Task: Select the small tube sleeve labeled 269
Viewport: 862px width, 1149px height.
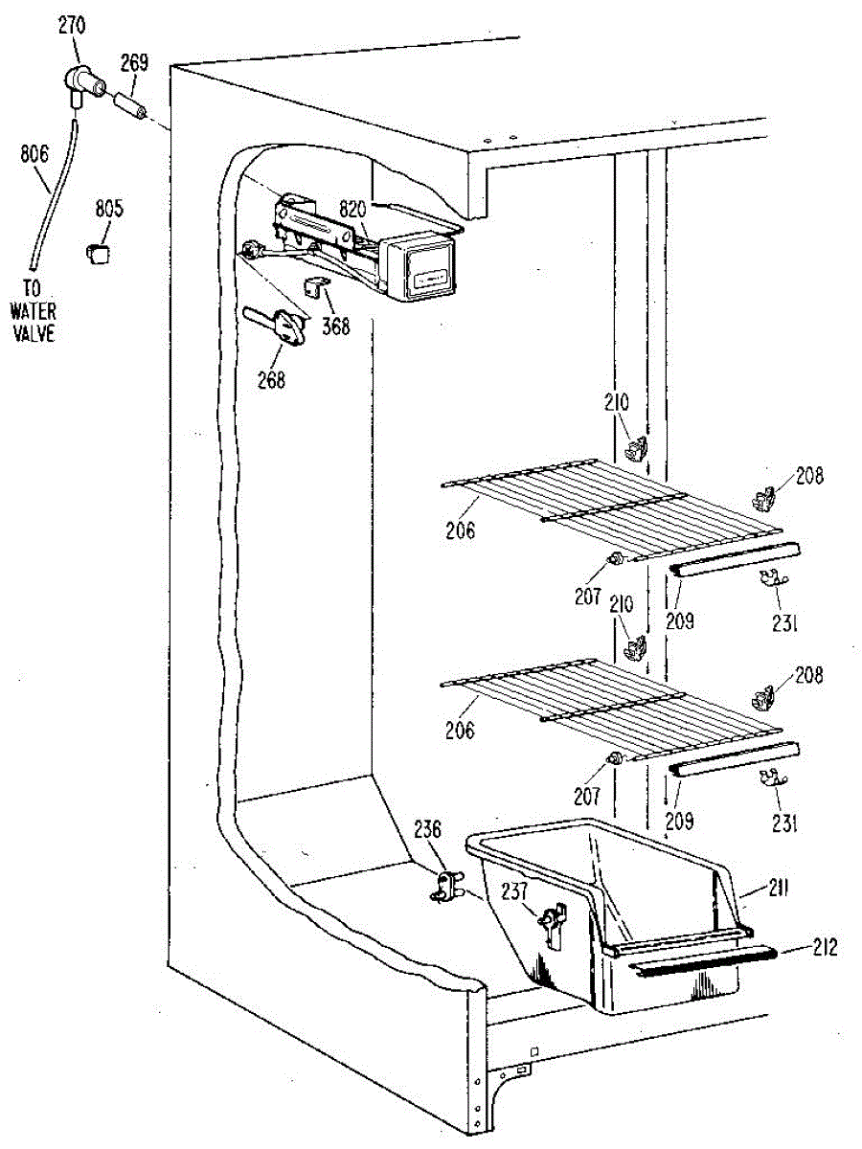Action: [x=130, y=104]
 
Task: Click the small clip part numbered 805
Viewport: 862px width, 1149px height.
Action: [x=100, y=252]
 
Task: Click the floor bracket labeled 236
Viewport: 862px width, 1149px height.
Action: [x=442, y=883]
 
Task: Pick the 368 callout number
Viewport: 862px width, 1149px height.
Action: [x=336, y=326]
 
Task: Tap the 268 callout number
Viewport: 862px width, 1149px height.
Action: [x=271, y=379]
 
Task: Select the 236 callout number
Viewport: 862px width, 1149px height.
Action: [x=428, y=829]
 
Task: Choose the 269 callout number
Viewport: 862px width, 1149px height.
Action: [x=134, y=63]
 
